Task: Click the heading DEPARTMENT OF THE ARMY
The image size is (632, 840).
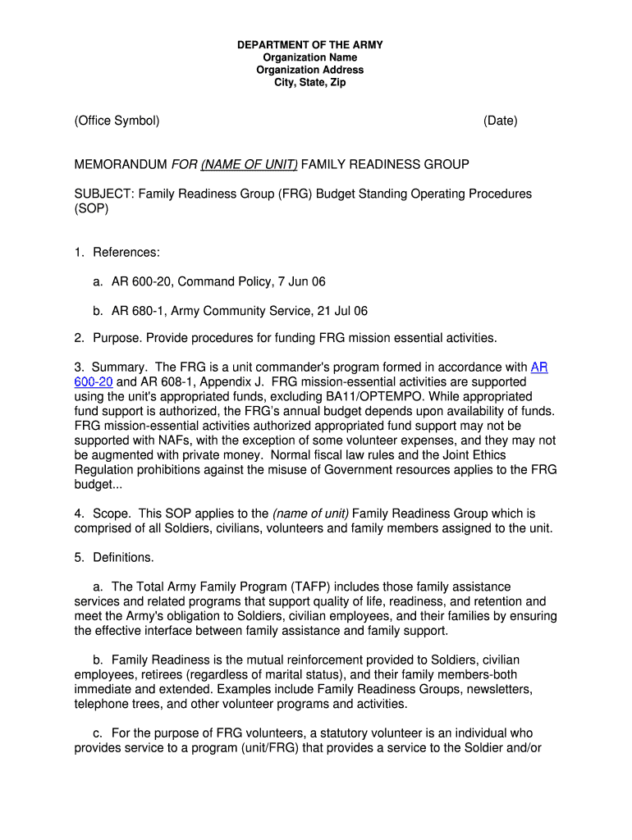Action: tap(310, 45)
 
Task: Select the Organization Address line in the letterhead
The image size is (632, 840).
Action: tap(310, 71)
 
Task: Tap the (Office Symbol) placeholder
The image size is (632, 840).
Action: tap(117, 121)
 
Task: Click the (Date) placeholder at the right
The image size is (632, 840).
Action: tap(500, 121)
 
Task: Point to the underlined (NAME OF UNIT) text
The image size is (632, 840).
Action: tap(250, 165)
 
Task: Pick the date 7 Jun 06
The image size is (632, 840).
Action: tap(299, 282)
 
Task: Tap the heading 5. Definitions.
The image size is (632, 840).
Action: tap(113, 558)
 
